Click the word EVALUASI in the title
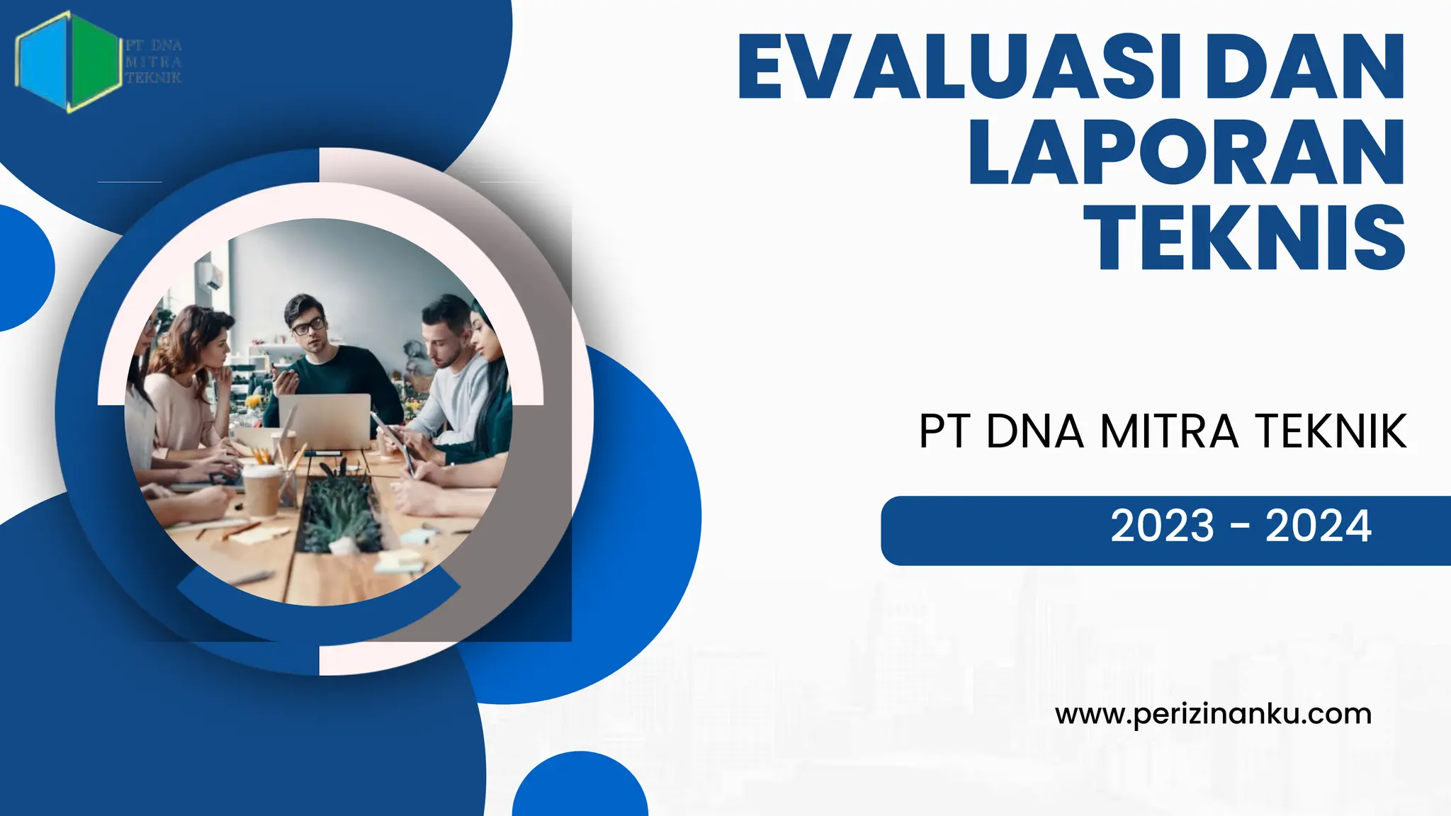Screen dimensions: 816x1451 click(960, 67)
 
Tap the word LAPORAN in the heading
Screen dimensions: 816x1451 click(1187, 152)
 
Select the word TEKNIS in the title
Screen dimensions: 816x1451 click(1244, 237)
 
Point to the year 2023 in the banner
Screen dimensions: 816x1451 click(1162, 526)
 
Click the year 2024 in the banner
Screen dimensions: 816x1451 click(1318, 526)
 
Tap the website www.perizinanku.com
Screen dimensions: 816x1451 click(1213, 714)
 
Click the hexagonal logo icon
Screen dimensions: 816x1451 click(67, 62)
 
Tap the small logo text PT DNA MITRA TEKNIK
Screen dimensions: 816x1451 click(154, 62)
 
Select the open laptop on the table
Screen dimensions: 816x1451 click(325, 421)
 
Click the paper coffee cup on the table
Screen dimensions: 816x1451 click(261, 490)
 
